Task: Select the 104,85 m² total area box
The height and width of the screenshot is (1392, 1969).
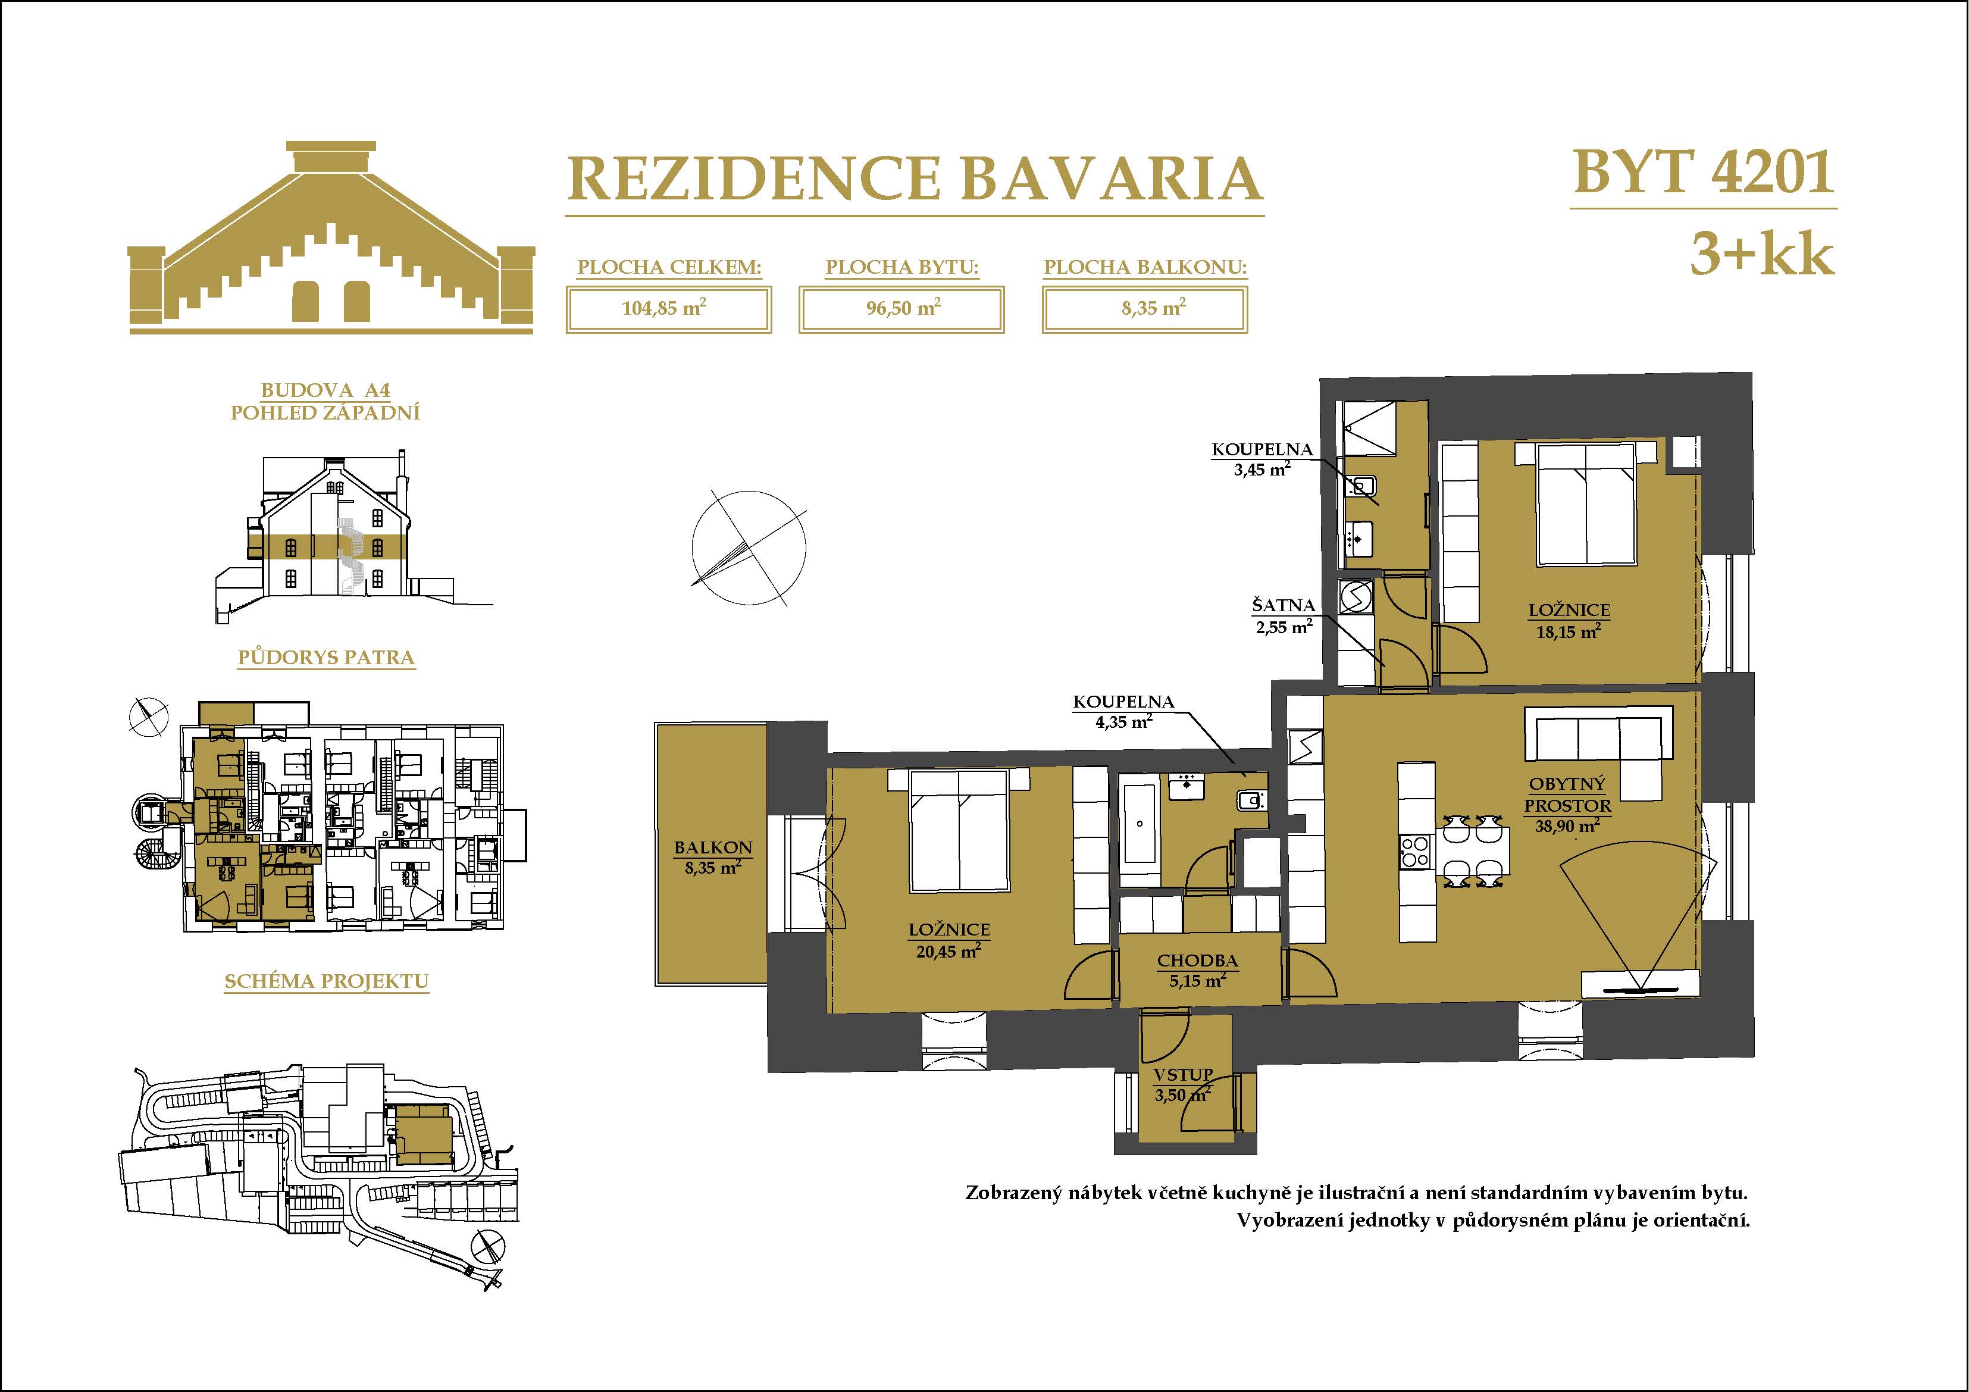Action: click(669, 309)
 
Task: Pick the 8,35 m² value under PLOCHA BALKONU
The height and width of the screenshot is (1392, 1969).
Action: click(1153, 307)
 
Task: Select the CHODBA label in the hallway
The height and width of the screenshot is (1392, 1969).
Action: click(1197, 962)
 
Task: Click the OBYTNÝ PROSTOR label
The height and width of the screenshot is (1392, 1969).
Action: click(1568, 795)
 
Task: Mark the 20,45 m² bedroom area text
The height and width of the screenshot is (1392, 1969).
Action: click(948, 951)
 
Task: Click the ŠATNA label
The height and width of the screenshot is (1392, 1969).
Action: click(1283, 605)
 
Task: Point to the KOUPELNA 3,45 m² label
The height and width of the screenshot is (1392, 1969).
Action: click(1262, 459)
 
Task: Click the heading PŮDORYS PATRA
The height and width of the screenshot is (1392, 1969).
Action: click(326, 658)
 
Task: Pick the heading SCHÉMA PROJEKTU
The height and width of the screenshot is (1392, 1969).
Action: click(326, 981)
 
